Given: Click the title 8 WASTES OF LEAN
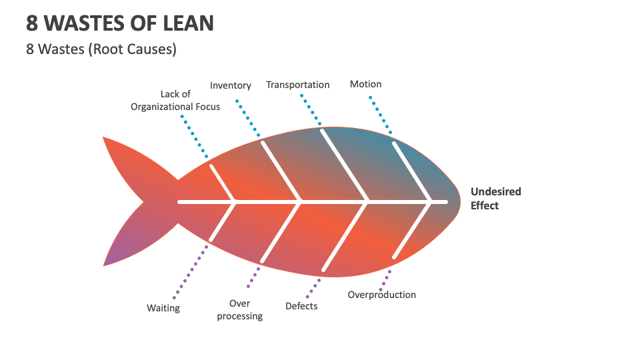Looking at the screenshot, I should (120, 23).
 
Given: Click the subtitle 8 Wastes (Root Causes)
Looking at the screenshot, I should (101, 50).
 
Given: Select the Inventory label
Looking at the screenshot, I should (231, 85).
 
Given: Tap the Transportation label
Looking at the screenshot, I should (297, 85).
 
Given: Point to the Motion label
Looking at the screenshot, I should (365, 84).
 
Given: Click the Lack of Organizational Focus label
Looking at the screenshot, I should (175, 101).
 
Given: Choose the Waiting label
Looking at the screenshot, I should (163, 308).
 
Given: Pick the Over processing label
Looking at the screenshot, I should (240, 310).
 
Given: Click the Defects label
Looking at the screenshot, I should (301, 306).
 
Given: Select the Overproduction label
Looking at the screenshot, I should (381, 295).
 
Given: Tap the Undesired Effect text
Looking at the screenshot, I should (495, 198).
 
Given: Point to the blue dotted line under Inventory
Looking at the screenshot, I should (249, 119).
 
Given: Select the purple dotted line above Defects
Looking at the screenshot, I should (313, 287).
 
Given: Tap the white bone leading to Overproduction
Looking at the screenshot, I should (412, 229).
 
